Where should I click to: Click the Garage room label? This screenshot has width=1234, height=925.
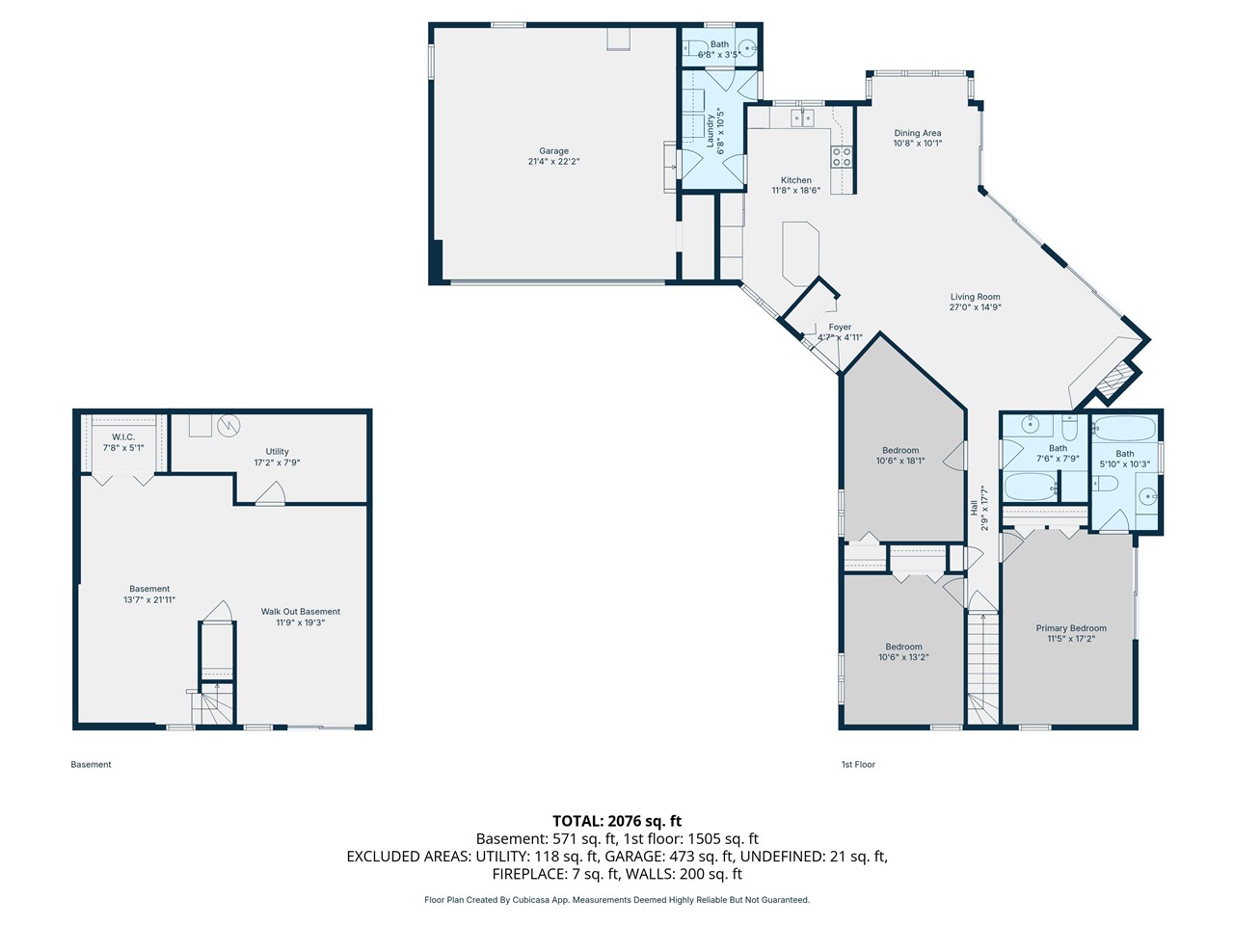tap(553, 150)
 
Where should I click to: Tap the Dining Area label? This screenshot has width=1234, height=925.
tap(918, 133)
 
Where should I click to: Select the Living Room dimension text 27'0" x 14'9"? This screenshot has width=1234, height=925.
tap(976, 307)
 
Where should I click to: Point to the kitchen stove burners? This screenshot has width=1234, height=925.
tap(842, 157)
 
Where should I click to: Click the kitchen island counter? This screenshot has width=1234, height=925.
tap(800, 253)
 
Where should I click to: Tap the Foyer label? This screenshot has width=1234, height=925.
tap(840, 327)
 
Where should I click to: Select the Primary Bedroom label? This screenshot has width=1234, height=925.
tap(1071, 628)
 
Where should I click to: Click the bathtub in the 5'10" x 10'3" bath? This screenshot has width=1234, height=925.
tap(1124, 429)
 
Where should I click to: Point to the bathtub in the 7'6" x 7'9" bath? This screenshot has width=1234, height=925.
tap(1030, 487)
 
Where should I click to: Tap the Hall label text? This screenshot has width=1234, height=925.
tap(973, 508)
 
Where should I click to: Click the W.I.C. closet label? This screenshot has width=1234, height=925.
tap(123, 436)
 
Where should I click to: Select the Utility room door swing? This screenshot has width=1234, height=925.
tap(270, 493)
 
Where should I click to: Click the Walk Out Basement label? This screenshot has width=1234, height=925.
tap(300, 611)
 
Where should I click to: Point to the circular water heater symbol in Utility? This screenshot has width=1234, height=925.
tap(228, 426)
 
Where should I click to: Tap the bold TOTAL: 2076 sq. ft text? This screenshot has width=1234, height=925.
tap(617, 821)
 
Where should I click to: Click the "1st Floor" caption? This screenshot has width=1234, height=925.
tap(858, 764)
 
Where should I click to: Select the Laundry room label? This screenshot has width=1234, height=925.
tap(711, 131)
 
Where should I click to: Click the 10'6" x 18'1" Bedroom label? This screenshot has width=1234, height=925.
tap(900, 450)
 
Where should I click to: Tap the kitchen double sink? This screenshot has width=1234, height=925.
tap(803, 118)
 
